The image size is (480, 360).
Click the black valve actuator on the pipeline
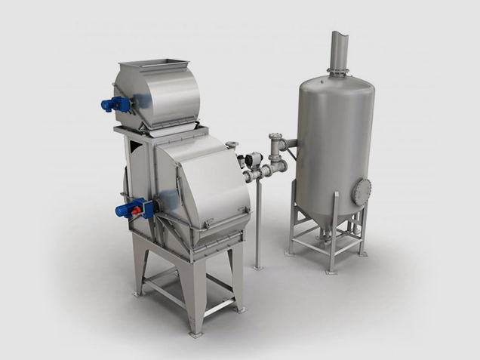point(254,158)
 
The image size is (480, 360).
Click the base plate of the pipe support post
point(258,266)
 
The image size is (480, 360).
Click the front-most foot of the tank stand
point(330,270)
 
